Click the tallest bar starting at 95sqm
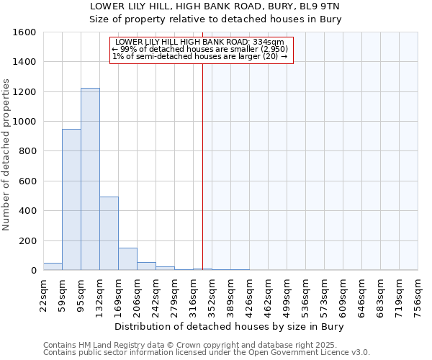90,179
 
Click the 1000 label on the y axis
24,122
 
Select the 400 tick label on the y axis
27,211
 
